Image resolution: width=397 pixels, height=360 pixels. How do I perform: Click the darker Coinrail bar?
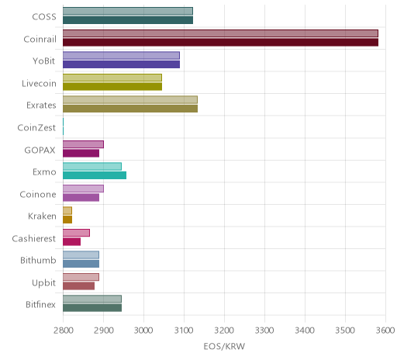click(x=220, y=42)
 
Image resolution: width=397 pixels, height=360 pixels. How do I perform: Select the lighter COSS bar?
click(x=128, y=11)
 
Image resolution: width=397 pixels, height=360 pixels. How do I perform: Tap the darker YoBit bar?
click(x=121, y=64)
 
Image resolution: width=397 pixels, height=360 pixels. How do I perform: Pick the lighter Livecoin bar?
click(x=112, y=78)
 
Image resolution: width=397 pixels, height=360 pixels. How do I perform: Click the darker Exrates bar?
click(x=130, y=109)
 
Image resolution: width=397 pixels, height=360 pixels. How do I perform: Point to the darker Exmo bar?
click(x=95, y=175)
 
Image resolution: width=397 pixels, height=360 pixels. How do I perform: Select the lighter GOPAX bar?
click(x=83, y=144)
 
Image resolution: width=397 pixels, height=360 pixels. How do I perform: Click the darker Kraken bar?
click(x=67, y=220)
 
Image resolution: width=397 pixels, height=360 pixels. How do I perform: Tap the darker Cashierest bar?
click(x=71, y=241)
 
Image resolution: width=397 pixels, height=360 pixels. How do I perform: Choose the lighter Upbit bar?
click(x=81, y=277)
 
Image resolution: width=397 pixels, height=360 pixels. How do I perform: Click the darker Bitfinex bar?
click(x=92, y=308)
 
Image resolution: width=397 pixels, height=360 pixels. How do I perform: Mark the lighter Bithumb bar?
click(x=81, y=255)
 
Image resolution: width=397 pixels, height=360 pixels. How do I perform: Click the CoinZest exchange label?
click(x=36, y=128)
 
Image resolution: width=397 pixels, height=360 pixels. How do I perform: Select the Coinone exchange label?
click(x=38, y=194)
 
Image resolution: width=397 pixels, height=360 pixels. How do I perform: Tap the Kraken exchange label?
click(x=42, y=216)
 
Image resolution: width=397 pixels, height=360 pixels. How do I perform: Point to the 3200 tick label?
click(x=224, y=331)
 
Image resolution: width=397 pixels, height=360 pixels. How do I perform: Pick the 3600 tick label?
click(x=385, y=331)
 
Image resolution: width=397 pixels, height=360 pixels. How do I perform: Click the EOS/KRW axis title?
click(x=224, y=346)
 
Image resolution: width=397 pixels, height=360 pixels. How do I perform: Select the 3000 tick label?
click(x=143, y=331)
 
